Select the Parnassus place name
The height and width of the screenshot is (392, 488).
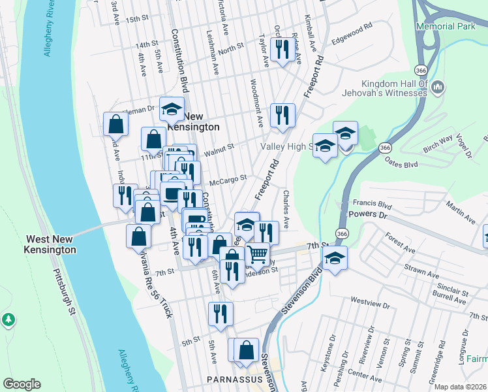230,379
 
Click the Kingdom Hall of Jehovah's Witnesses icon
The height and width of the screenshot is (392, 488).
438,87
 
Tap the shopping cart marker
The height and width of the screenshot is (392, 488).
258,254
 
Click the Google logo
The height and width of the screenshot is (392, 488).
22,384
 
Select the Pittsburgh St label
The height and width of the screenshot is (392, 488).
64,293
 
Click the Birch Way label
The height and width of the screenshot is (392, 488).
438,143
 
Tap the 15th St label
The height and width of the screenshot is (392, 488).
138,20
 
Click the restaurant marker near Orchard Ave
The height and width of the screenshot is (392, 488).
282,49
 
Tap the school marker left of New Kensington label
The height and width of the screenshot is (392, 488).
172,110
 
